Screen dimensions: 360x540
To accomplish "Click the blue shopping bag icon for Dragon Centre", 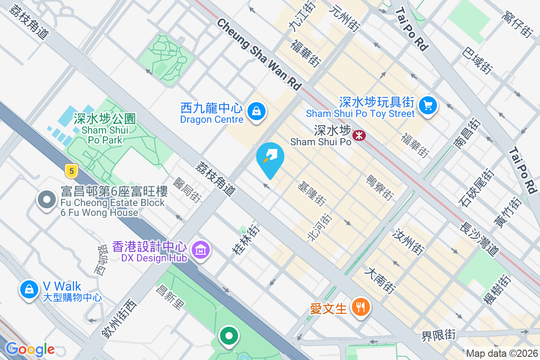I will pos(256,111).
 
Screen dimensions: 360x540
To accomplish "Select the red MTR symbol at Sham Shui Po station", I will pos(359,135).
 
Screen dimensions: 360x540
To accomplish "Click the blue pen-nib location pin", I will pos(270,157).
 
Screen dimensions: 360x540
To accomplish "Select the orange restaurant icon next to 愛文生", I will pos(360,307).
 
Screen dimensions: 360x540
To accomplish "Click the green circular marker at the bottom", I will pos(229,336).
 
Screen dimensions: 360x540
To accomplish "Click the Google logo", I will pos(30,349).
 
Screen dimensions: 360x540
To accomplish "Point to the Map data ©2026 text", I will pos(501,354).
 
